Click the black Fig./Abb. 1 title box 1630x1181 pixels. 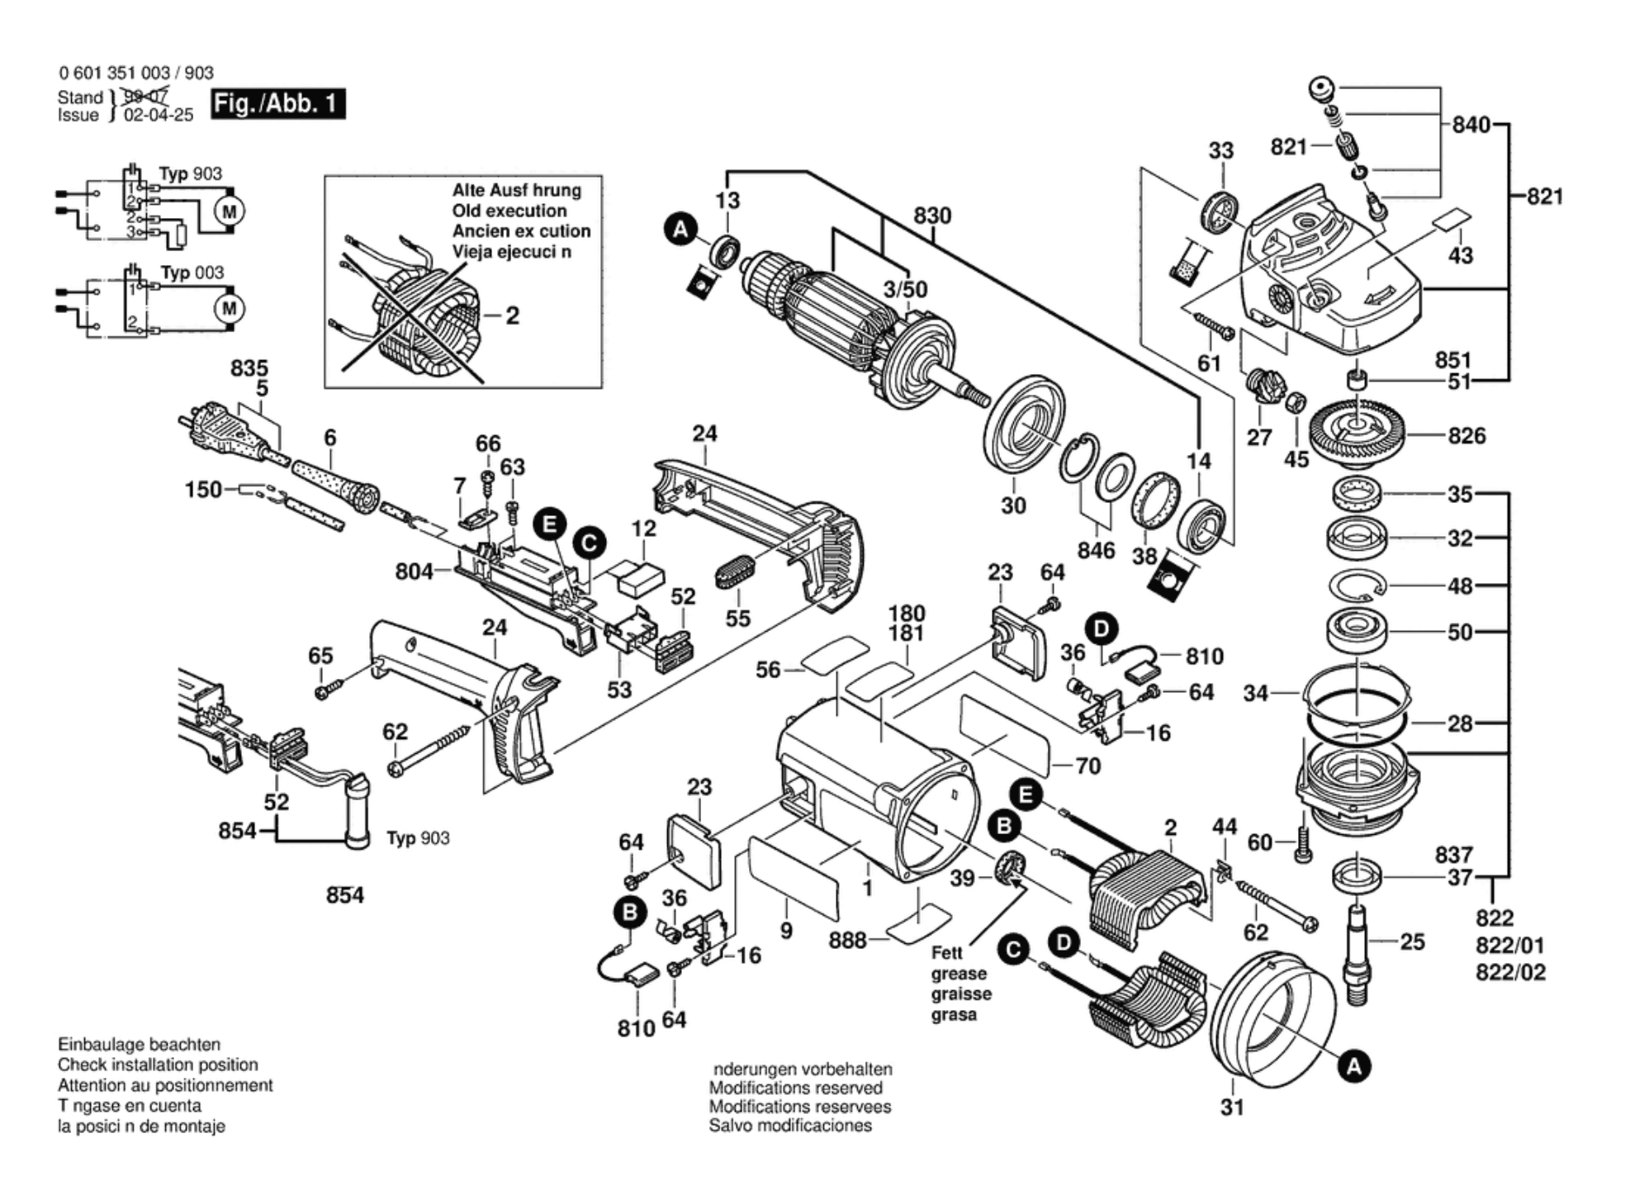click(x=277, y=104)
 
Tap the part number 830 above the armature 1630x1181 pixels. click(x=931, y=216)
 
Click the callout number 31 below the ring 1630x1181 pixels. click(x=1231, y=1107)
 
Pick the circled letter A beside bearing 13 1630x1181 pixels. click(x=680, y=229)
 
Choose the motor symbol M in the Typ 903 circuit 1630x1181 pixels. click(x=229, y=211)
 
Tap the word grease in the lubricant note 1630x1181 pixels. click(x=959, y=974)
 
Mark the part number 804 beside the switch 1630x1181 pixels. click(x=414, y=571)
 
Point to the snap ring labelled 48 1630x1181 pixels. click(x=1357, y=586)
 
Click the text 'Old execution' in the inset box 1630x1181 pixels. click(x=509, y=211)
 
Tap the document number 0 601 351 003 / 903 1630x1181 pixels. click(x=136, y=73)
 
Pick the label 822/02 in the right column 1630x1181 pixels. click(x=1510, y=972)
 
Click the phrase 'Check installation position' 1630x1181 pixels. click(x=157, y=1065)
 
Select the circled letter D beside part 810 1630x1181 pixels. click(x=1101, y=628)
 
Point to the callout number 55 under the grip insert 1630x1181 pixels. click(x=737, y=618)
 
